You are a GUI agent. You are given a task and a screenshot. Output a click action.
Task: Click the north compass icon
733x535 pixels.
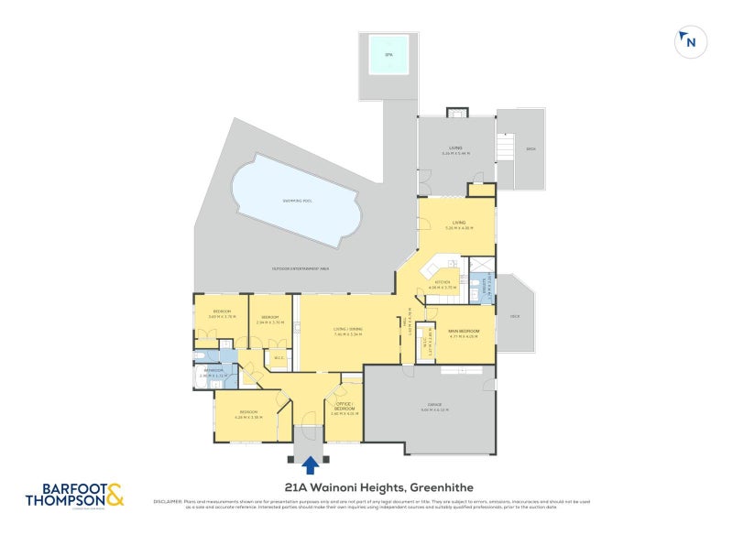pyautogui.click(x=689, y=41)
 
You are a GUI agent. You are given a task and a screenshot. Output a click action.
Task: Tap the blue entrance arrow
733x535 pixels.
pyautogui.click(x=311, y=465)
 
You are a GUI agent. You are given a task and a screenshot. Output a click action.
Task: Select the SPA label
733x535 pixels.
pyautogui.click(x=388, y=55)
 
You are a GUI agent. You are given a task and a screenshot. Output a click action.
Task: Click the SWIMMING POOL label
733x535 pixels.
pyautogui.click(x=297, y=201)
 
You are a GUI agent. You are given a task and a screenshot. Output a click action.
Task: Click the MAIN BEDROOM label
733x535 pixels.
pyautogui.click(x=465, y=331)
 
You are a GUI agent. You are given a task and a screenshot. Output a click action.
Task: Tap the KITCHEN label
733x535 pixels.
pyautogui.click(x=442, y=282)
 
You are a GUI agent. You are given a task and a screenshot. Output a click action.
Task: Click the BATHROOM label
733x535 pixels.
pyautogui.click(x=213, y=369)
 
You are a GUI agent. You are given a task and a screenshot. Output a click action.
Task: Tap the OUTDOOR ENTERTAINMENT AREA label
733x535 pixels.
pyautogui.click(x=301, y=268)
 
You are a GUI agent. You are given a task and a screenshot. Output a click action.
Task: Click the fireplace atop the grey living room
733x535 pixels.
pyautogui.click(x=454, y=112)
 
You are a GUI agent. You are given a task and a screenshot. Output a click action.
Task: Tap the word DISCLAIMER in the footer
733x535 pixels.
pyautogui.click(x=169, y=501)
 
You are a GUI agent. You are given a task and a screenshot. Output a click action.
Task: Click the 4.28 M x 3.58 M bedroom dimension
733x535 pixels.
pyautogui.click(x=248, y=418)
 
